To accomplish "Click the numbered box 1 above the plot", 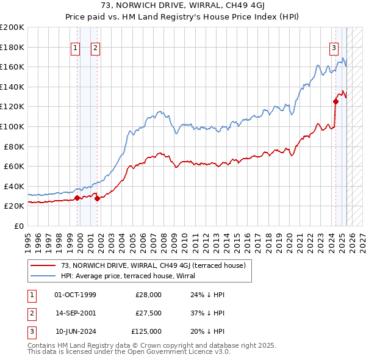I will click(x=75, y=48).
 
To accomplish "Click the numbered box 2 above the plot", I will click(x=96, y=48).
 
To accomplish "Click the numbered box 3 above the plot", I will click(x=334, y=48).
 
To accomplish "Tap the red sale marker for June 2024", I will click(x=335, y=102).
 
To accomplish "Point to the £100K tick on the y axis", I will click(x=12, y=126).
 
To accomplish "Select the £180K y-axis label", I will click(x=12, y=47).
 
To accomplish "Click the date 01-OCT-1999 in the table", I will click(x=75, y=295).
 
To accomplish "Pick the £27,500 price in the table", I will click(x=148, y=313).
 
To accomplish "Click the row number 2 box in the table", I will click(x=30, y=313).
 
